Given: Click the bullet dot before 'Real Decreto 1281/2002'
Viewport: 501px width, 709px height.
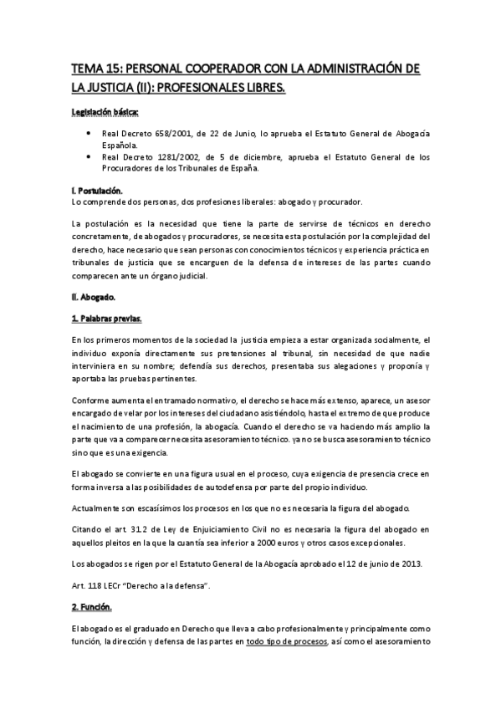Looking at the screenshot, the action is pyautogui.click(x=89, y=156).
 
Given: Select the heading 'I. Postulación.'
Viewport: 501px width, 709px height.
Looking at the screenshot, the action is pyautogui.click(x=98, y=191).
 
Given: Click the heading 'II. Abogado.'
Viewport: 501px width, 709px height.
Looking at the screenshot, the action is pyautogui.click(x=94, y=296).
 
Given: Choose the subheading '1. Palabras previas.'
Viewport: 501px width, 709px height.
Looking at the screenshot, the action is pyautogui.click(x=107, y=319).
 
